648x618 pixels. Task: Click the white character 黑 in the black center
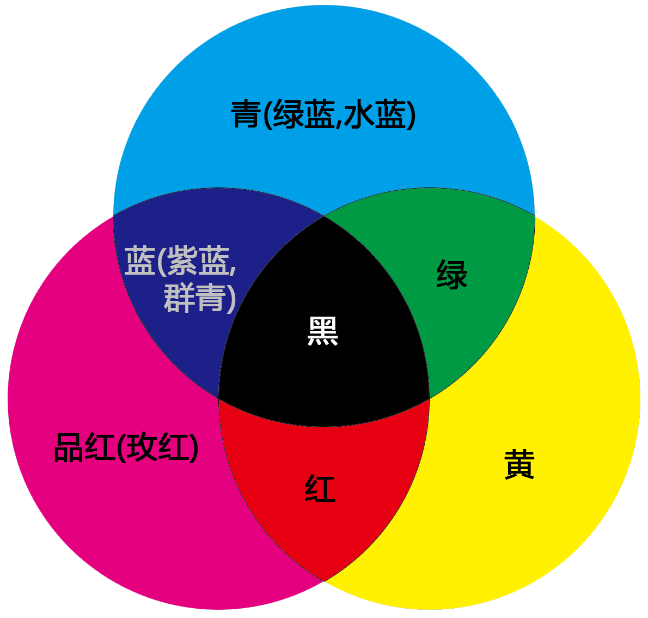pyautogui.click(x=323, y=331)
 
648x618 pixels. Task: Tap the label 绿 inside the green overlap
pyautogui.click(x=451, y=275)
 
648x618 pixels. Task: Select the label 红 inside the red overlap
pyautogui.click(x=320, y=488)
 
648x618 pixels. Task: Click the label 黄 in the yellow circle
pyautogui.click(x=519, y=464)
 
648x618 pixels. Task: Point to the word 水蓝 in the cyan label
pyautogui.click(x=376, y=114)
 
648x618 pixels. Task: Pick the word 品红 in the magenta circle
pyautogui.click(x=84, y=447)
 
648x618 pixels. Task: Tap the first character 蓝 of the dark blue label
pyautogui.click(x=139, y=261)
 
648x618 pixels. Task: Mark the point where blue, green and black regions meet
pyautogui.click(x=324, y=216)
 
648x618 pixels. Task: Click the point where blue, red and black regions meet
pyautogui.click(x=219, y=398)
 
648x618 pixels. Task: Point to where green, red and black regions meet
pyautogui.click(x=429, y=398)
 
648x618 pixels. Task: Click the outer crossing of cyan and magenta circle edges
pyautogui.click(x=113, y=216)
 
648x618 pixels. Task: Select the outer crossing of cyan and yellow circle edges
pyautogui.click(x=535, y=216)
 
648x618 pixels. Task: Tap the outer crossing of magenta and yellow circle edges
pyautogui.click(x=324, y=581)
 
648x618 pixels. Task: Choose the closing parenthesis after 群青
pyautogui.click(x=231, y=299)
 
